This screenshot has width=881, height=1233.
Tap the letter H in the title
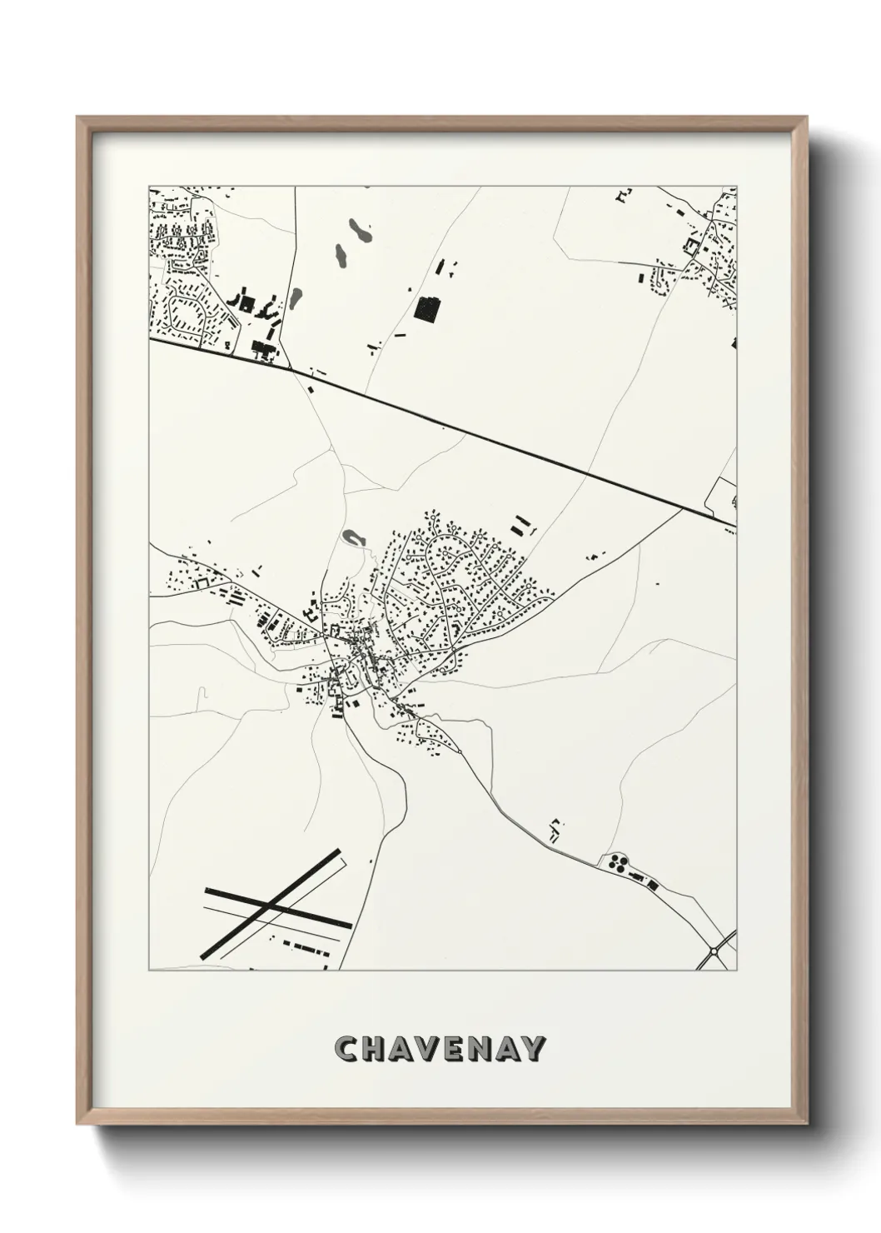tap(376, 1049)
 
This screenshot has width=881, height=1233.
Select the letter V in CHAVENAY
tap(437, 1049)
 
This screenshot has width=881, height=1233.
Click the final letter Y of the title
tap(535, 1049)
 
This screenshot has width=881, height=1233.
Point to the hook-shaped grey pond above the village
tap(353, 537)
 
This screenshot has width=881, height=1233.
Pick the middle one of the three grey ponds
tap(340, 255)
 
